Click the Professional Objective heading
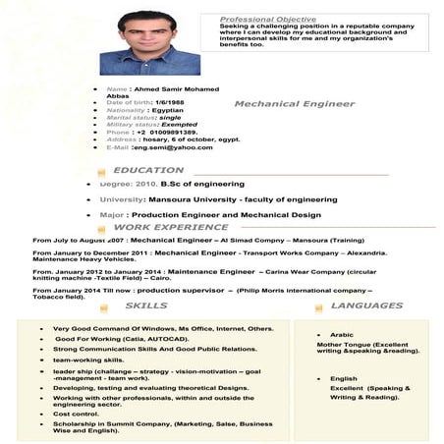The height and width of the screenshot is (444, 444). [267, 20]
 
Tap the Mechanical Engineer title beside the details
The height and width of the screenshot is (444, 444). [294, 103]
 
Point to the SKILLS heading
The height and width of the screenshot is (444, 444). [146, 305]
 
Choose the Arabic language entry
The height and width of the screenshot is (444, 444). [342, 335]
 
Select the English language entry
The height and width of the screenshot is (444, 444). [343, 378]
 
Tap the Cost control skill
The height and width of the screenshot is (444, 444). [76, 414]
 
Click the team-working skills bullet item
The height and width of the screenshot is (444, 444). [88, 360]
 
